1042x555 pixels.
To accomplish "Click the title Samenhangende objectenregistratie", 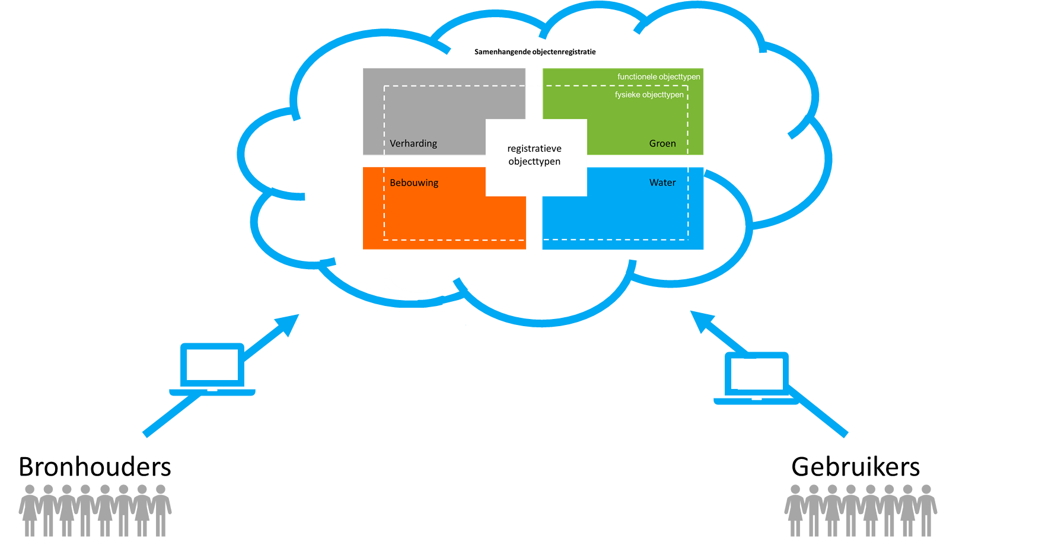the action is (x=535, y=52).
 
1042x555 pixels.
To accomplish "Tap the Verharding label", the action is (x=413, y=143).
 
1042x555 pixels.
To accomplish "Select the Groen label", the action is (x=662, y=143).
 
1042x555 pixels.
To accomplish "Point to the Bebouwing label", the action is (x=414, y=183).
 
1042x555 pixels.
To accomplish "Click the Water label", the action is (x=662, y=183).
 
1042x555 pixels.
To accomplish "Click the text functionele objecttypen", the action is (x=658, y=76).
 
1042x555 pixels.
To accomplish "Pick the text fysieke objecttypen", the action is (x=649, y=95).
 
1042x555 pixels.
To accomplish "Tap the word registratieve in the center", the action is (x=534, y=149).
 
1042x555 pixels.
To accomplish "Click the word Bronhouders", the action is (x=95, y=467).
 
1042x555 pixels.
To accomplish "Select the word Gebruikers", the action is (x=855, y=467).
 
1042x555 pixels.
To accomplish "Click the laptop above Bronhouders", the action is (x=212, y=369).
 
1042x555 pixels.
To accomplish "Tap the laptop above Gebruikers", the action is (x=757, y=378).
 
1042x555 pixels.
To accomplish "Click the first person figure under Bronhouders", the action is (x=29, y=511).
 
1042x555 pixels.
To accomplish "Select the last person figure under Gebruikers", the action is (x=926, y=511).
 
